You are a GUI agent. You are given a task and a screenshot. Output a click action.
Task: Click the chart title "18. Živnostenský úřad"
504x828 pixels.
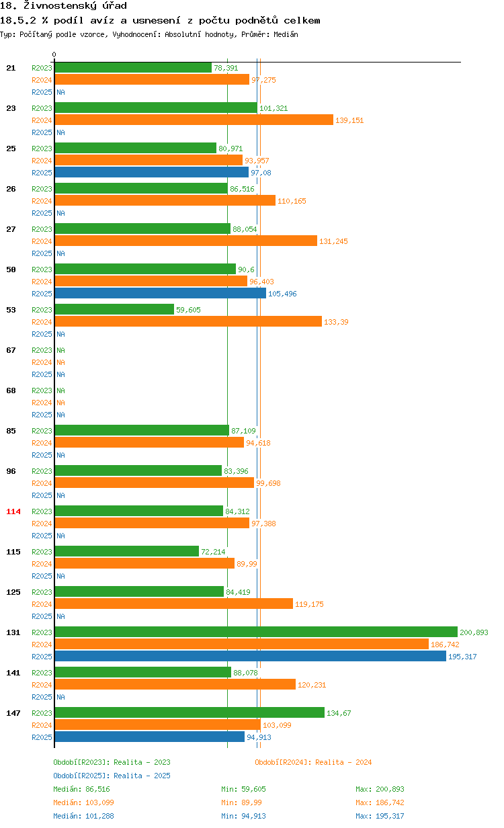(x=64, y=6)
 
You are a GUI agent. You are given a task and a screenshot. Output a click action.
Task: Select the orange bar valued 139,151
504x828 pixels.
(x=194, y=120)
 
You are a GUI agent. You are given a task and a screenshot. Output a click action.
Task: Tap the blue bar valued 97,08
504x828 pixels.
(x=151, y=172)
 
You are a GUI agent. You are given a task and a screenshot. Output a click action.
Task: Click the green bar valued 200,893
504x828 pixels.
(x=255, y=632)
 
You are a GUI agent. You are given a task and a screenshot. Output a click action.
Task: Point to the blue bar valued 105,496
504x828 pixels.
(x=160, y=293)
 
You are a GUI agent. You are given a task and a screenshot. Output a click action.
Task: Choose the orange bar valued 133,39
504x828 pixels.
(x=187, y=321)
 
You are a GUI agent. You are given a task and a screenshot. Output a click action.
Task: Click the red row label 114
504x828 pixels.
(x=13, y=511)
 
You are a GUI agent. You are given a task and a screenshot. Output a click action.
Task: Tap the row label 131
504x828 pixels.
(x=13, y=632)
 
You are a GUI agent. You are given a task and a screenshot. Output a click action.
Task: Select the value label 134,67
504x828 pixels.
(x=339, y=713)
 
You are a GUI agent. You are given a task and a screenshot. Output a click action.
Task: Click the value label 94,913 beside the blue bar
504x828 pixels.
(x=259, y=737)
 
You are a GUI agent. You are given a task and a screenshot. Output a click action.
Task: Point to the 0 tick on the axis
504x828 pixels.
(x=54, y=55)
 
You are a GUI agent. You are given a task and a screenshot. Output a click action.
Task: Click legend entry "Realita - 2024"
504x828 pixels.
(x=313, y=762)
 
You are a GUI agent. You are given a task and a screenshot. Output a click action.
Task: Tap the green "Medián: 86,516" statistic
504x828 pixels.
(x=81, y=789)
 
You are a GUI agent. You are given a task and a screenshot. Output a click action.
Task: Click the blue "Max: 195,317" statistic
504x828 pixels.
(x=380, y=816)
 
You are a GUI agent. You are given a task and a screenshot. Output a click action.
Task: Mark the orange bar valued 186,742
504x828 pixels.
(x=241, y=644)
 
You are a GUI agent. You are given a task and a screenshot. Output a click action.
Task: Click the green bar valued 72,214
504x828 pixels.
(x=126, y=551)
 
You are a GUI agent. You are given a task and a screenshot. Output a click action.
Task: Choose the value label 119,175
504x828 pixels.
(x=309, y=604)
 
